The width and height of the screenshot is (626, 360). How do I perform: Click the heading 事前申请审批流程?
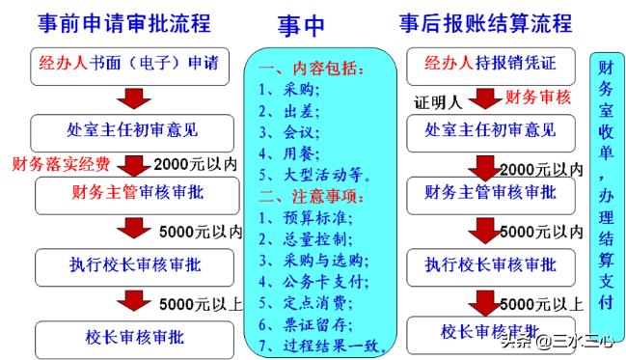coord(123,22)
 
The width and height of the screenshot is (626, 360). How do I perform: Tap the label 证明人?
coord(440,99)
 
